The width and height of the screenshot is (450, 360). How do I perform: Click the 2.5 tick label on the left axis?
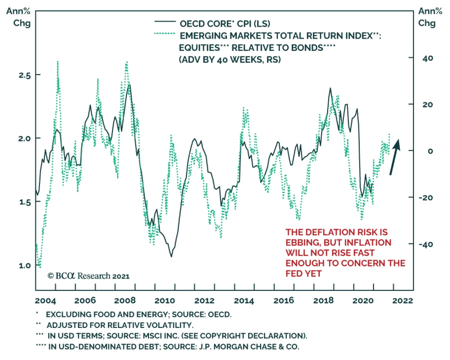[24, 75]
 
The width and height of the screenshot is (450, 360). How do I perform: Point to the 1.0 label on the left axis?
[24, 265]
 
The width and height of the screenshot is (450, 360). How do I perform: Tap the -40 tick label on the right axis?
[426, 244]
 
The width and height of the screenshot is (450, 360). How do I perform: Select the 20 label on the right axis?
[427, 105]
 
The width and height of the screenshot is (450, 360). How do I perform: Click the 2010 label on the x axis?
[165, 301]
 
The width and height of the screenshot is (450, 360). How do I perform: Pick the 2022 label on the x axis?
[402, 301]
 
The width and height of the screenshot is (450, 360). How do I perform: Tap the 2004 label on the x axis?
[45, 301]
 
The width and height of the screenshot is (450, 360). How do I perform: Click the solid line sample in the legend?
[165, 22]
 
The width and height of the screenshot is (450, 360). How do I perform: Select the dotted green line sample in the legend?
[165, 34]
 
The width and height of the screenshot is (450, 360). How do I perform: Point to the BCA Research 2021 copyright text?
[88, 276]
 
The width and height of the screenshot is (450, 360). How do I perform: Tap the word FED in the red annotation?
[293, 274]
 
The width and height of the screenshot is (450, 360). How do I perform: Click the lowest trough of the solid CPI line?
[171, 256]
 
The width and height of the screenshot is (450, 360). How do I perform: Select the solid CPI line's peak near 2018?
[330, 88]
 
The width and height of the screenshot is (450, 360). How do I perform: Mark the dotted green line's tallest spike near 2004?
[58, 61]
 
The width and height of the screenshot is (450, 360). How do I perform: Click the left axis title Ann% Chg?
[19, 17]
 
